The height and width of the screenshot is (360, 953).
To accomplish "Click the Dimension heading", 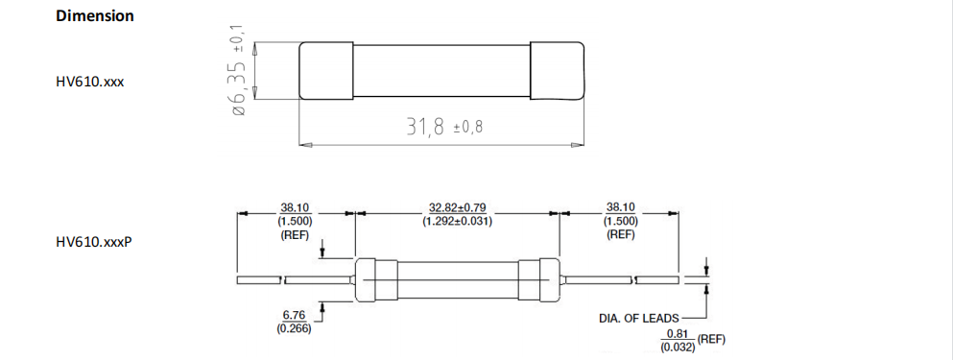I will click(95, 16).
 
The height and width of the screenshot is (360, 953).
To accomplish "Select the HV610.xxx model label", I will click(90, 82).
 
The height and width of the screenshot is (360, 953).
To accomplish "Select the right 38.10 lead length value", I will click(620, 206).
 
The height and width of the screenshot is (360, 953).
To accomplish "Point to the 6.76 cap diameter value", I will click(293, 315).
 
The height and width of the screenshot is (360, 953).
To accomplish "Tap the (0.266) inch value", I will click(293, 329).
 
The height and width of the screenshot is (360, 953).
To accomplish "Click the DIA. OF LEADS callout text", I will click(638, 318).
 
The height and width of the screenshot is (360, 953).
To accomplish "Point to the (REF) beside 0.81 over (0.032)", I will click(711, 340).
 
